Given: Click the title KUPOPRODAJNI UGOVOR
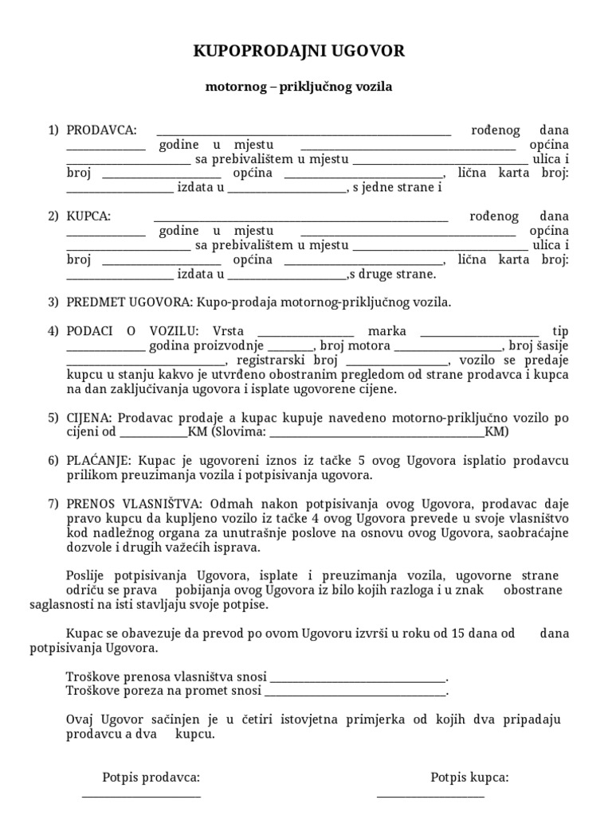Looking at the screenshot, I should tap(300, 52).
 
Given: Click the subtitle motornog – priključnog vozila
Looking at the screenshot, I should tap(299, 88).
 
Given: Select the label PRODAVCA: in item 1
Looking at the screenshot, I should tap(101, 130).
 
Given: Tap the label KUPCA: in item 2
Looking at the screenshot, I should tap(88, 216).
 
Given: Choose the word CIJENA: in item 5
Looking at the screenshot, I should tap(90, 417).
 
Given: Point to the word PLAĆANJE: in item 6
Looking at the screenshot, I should tap(101, 460).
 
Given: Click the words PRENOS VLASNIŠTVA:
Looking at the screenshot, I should tap(135, 503).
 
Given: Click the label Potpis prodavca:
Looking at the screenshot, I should tap(151, 777).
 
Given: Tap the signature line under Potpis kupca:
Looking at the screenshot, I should tap(430, 797).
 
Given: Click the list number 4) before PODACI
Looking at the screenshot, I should tap(53, 331).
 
